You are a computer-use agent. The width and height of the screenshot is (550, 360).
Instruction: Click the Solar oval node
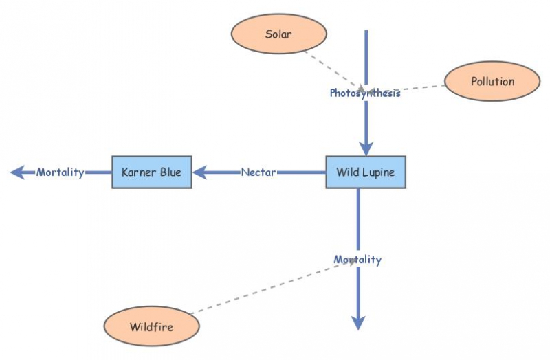coord(278,34)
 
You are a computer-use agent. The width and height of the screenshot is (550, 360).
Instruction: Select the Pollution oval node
coord(492,82)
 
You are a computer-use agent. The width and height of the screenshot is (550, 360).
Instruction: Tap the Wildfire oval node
coord(151,326)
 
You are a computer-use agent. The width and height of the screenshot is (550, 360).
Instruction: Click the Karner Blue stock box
coord(151,172)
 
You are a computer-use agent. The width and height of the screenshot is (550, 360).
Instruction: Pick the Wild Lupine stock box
coord(365,172)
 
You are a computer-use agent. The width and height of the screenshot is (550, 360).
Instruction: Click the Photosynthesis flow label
coord(364,93)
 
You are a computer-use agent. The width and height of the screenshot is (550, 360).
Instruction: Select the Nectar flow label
coord(258,172)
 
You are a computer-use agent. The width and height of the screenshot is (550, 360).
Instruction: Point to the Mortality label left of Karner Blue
coord(60,172)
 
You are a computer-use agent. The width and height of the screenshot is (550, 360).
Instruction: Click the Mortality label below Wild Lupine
coord(357,260)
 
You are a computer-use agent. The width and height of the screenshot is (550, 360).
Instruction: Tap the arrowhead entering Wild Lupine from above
coord(366,148)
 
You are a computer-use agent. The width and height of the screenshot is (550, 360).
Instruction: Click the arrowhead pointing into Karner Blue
coord(200,172)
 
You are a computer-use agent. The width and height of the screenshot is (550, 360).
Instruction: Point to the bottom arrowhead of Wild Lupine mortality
coord(358,323)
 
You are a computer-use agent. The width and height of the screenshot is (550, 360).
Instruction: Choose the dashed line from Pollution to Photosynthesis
coord(412,89)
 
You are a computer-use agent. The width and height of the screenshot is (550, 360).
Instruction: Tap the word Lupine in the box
coord(379,172)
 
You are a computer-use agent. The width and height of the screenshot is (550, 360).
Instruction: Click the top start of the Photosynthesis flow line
coord(366,32)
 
